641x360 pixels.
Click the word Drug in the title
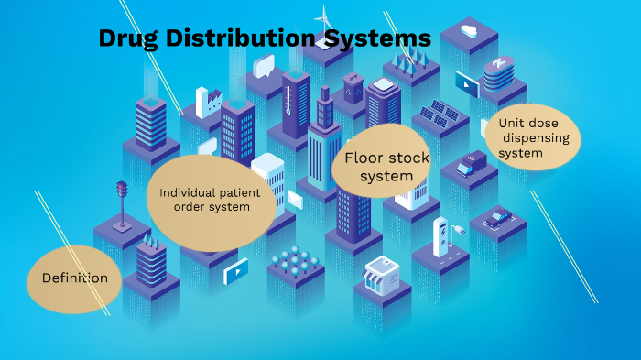click(x=129, y=39)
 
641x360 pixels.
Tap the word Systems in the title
click(x=378, y=39)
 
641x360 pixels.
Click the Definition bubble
click(x=74, y=278)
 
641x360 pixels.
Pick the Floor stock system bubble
click(x=386, y=167)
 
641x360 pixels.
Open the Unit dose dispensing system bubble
click(x=534, y=136)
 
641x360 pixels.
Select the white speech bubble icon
click(x=264, y=65)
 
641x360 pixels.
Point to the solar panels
click(x=439, y=115)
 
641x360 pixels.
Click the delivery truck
click(x=471, y=163)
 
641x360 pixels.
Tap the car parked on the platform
click(x=498, y=218)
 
